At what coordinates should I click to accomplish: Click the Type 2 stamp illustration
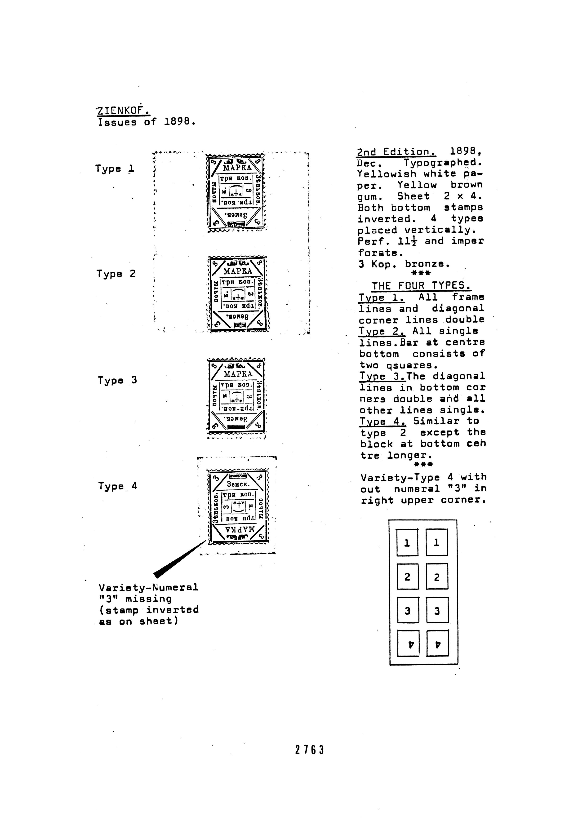click(x=238, y=294)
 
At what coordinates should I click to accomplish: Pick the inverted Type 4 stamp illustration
click(x=238, y=506)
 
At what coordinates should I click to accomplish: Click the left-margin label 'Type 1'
click(x=115, y=169)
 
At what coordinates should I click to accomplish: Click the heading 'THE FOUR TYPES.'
click(x=421, y=286)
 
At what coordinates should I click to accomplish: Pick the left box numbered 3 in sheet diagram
click(x=408, y=611)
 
